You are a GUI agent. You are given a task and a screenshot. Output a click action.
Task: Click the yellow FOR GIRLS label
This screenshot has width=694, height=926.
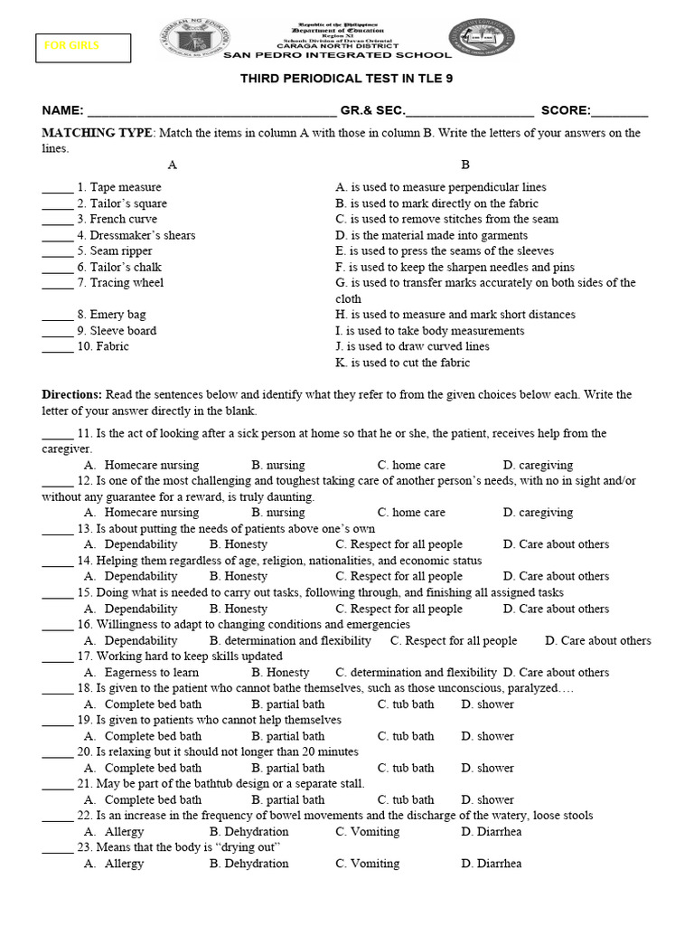coord(82,46)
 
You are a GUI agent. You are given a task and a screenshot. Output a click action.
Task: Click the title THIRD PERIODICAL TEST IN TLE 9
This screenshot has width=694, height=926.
coord(346,79)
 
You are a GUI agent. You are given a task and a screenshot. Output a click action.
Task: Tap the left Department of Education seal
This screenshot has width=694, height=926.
coord(198,41)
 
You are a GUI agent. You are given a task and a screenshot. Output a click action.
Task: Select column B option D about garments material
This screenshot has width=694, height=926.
coord(431,235)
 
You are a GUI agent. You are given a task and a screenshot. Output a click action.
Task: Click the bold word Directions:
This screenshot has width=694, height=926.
coord(72,395)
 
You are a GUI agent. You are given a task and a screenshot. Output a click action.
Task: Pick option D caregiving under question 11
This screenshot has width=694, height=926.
coord(538,465)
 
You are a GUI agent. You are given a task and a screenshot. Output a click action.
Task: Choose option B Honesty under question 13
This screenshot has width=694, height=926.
coord(239,544)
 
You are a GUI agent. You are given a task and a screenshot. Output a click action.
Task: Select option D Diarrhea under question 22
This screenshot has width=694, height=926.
coord(491,831)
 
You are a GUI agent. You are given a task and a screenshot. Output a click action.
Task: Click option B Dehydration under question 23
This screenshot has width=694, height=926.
coord(249,864)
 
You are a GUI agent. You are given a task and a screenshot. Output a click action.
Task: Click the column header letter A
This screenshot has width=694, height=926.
coord(173,165)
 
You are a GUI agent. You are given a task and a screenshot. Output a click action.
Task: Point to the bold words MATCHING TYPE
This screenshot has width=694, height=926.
coord(98,133)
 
